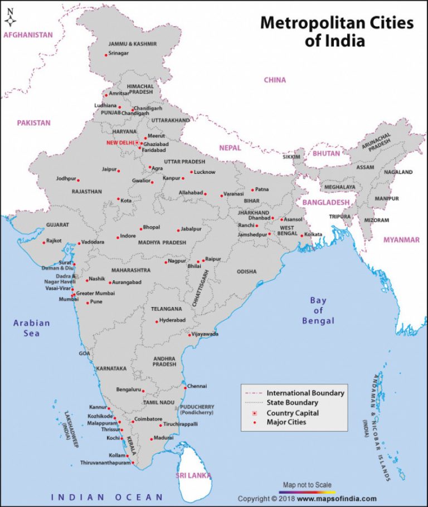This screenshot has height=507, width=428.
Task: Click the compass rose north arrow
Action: pos(10,17)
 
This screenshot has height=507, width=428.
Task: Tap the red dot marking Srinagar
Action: pos(106,55)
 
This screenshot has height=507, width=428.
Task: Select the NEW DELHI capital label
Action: pos(120,143)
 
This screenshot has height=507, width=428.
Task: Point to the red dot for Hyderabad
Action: pos(157,321)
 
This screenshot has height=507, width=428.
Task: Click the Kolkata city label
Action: pos(313,235)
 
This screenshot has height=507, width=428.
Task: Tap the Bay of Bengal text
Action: pos(318,310)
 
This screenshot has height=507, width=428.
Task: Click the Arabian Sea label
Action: pos(32,328)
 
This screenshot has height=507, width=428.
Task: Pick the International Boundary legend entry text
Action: pos(305,393)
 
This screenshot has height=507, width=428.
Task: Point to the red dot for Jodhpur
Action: pos(78,180)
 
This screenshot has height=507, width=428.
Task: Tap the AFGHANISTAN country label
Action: pos(28,35)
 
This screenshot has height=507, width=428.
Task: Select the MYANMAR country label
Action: pos(401,240)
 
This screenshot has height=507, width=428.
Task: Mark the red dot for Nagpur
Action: pos(166,262)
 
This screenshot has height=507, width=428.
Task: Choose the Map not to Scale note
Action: pos(307,485)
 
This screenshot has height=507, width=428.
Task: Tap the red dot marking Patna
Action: pos(252,190)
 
